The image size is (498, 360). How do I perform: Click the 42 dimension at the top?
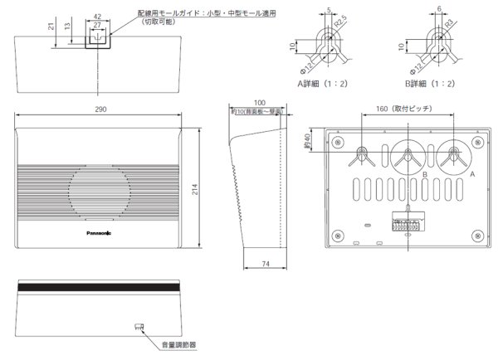(x=97, y=15)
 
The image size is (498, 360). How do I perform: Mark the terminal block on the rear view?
(x=406, y=222)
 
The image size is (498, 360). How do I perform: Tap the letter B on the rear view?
(x=423, y=175)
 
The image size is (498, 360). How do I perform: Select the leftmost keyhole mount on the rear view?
(x=363, y=153)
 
